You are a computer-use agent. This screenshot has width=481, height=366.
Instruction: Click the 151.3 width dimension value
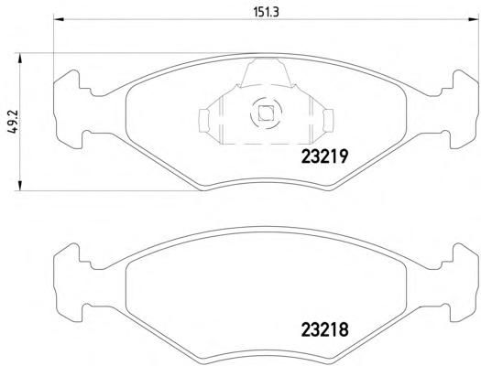[266, 12]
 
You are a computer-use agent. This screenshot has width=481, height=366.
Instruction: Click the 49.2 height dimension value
[14, 122]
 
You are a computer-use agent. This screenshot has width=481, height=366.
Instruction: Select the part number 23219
[325, 156]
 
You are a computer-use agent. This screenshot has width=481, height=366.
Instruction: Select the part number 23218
[325, 330]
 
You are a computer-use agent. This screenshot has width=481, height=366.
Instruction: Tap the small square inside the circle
[266, 113]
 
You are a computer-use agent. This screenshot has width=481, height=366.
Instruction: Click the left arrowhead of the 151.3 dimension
[59, 20]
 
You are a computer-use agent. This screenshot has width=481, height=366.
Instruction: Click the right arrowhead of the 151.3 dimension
[474, 20]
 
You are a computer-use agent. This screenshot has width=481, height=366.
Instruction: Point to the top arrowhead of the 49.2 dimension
[19, 59]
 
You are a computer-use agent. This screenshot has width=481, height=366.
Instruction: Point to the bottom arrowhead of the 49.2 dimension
[19, 186]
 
